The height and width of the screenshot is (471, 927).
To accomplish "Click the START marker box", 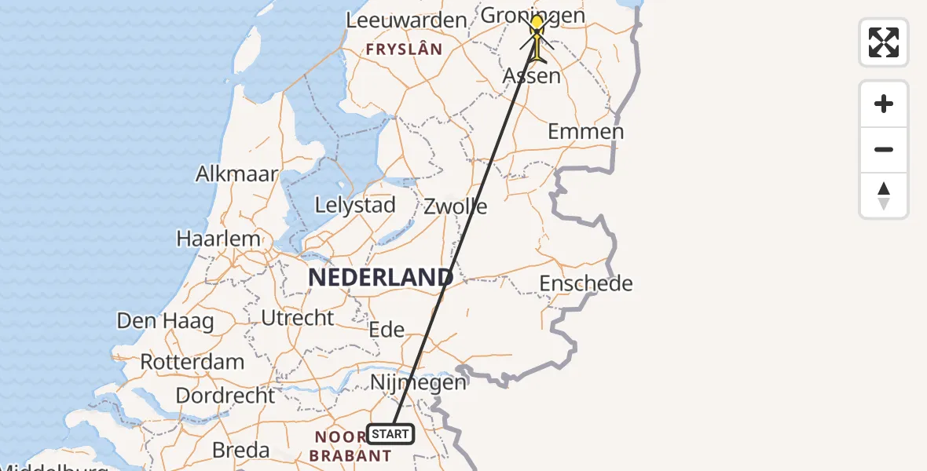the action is pos(390,434).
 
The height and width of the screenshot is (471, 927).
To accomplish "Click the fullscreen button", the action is pos(884,42).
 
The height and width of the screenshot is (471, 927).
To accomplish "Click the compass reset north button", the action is pos(884,195).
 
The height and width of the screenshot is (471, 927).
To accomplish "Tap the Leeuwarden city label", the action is pos(407,20).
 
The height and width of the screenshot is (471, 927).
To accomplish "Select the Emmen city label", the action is pos(585,131).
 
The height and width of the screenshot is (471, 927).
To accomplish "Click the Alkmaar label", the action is pos(236,173).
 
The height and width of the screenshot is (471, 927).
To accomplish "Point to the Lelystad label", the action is pos(354,206).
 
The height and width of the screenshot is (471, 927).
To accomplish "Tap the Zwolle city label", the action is pos(456,207).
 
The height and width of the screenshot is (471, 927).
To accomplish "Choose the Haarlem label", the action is pos(218,239).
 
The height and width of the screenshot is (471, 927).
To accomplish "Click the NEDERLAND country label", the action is pos(380,277).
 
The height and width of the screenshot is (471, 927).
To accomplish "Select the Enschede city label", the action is pos(586,283).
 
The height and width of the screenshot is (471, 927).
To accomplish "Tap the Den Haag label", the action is pos(165,321).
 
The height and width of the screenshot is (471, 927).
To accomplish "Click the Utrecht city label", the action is pos(298,318).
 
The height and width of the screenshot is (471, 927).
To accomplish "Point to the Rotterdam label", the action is pos(192,363).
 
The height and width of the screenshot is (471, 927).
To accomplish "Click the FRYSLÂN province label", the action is pos(404,49).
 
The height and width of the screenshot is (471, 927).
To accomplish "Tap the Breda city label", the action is pos(241,451).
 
